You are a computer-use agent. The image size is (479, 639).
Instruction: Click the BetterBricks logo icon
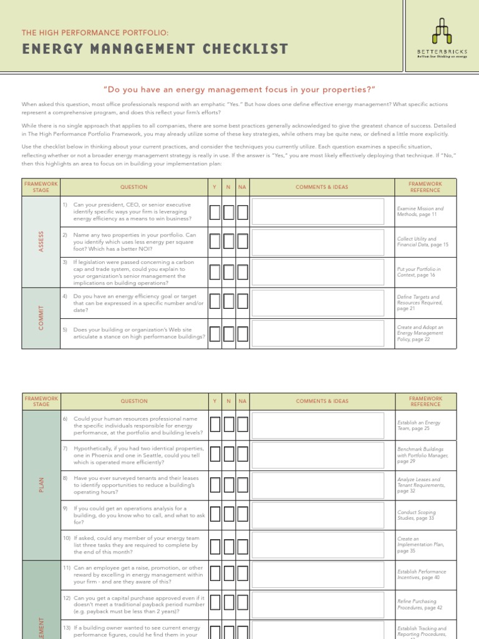pyautogui.click(x=442, y=31)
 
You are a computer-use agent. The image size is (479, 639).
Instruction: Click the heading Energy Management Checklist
pyautogui.click(x=155, y=49)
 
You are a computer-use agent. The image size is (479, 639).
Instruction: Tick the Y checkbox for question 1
pyautogui.click(x=215, y=212)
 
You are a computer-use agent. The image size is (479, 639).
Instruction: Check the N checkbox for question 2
pyautogui.click(x=228, y=241)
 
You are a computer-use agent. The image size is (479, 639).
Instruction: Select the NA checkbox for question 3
pyautogui.click(x=242, y=272)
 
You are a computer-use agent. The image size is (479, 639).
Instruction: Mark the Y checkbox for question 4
pyautogui.click(x=215, y=302)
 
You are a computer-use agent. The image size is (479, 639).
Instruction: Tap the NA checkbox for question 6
pyautogui.click(x=242, y=425)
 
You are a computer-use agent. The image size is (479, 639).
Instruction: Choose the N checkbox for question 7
pyautogui.click(x=228, y=454)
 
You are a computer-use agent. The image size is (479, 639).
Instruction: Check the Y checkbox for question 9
pyautogui.click(x=215, y=514)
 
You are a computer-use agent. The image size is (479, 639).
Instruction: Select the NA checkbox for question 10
pyautogui.click(x=242, y=546)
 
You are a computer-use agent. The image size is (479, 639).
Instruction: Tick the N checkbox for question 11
pyautogui.click(x=228, y=574)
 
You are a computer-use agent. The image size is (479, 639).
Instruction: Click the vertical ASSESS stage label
pyautogui.click(x=41, y=242)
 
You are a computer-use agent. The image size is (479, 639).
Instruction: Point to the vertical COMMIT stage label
pyautogui.click(x=41, y=318)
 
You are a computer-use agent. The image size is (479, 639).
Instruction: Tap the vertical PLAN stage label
pyautogui.click(x=41, y=484)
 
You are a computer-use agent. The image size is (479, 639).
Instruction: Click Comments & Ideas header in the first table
pyautogui.click(x=322, y=187)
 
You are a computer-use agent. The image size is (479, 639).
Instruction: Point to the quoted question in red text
pyautogui.click(x=239, y=89)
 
